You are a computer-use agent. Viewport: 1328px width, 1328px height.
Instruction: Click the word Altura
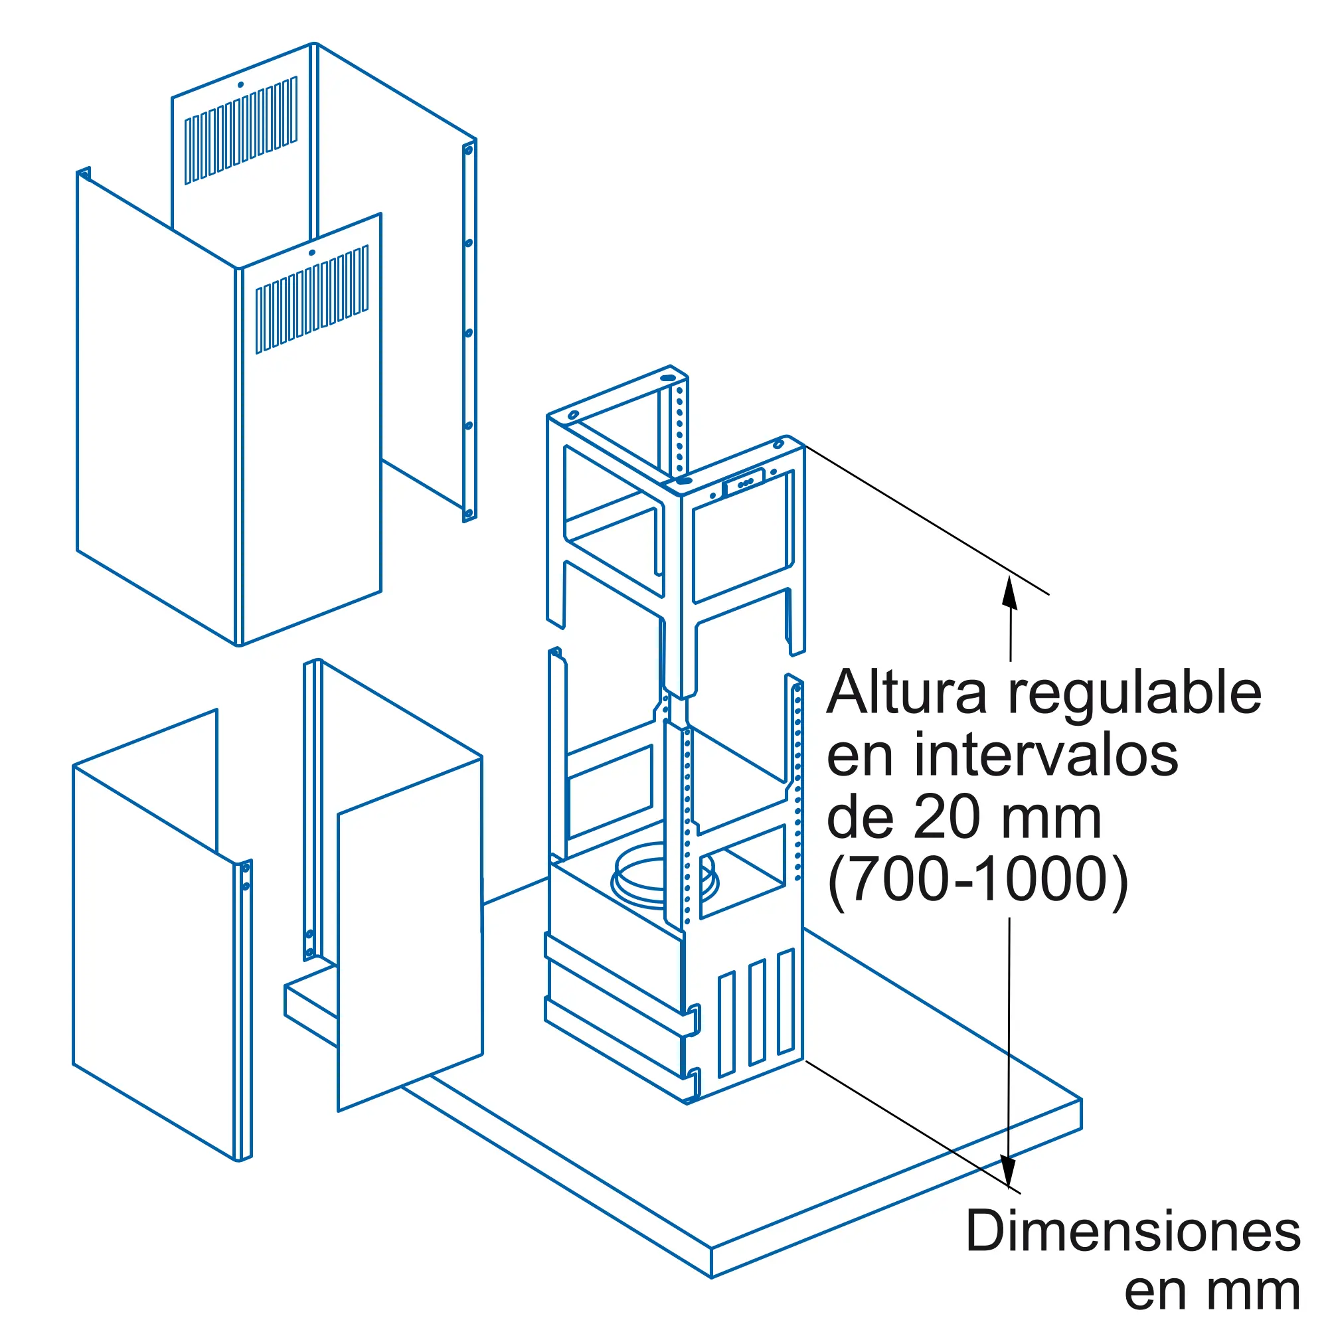[906, 692]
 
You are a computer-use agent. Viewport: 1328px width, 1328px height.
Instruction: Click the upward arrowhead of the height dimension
[1009, 592]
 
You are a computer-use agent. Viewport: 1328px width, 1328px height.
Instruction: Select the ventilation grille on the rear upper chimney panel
[240, 131]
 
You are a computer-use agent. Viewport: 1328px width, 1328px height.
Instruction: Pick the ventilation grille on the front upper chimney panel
[312, 299]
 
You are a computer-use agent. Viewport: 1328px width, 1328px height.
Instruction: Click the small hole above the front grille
[312, 252]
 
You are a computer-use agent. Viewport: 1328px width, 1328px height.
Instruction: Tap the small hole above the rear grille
[240, 85]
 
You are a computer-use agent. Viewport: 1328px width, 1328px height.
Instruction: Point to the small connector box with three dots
[743, 481]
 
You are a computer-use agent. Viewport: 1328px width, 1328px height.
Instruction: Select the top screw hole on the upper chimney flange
[469, 149]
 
